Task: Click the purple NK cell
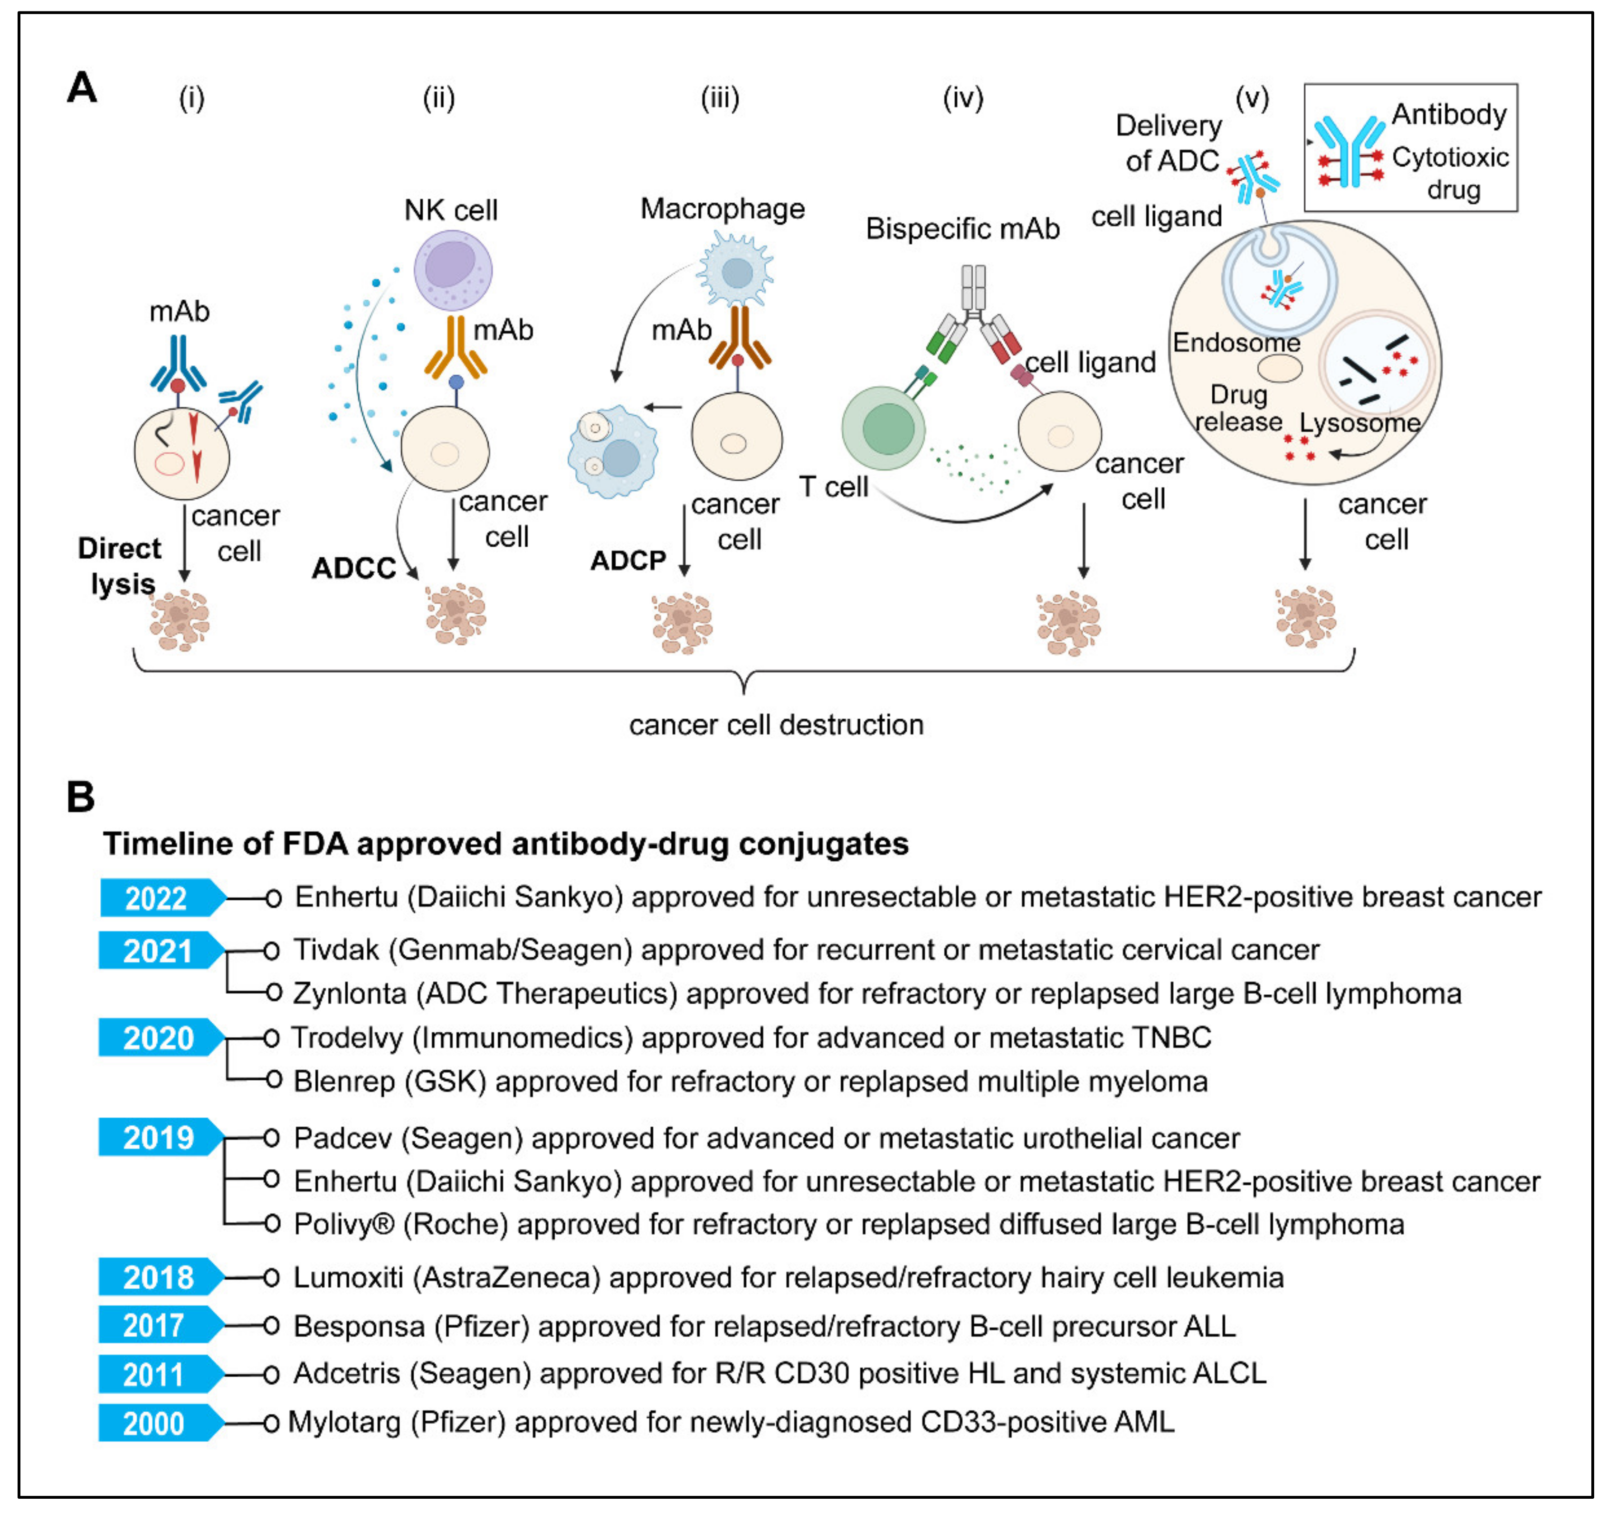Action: click(x=453, y=270)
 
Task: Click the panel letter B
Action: click(x=81, y=797)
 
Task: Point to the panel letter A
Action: click(x=82, y=87)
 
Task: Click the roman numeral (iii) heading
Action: click(x=720, y=99)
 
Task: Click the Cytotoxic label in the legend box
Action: click(x=1450, y=157)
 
